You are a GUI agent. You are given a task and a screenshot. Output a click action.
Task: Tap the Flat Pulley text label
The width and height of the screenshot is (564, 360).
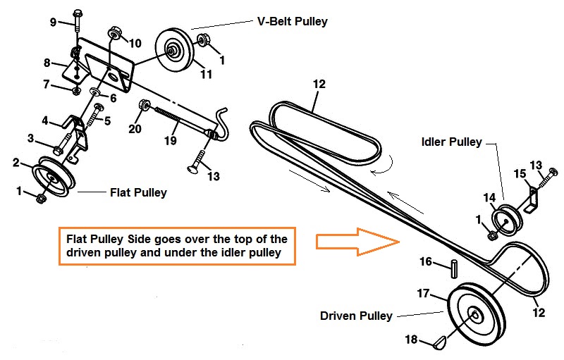tap(138, 192)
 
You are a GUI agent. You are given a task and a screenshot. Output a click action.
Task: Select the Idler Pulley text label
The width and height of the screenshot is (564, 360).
tap(451, 142)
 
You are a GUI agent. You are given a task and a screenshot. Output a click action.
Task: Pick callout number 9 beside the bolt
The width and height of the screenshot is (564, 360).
tap(54, 22)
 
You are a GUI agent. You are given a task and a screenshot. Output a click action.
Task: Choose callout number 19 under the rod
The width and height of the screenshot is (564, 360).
tap(169, 141)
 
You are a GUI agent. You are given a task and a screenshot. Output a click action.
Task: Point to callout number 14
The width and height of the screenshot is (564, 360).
tap(489, 197)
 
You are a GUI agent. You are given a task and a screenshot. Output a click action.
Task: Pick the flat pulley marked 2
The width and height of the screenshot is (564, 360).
tap(52, 177)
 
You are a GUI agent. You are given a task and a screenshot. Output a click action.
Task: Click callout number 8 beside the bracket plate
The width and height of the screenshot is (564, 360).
tap(47, 62)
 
